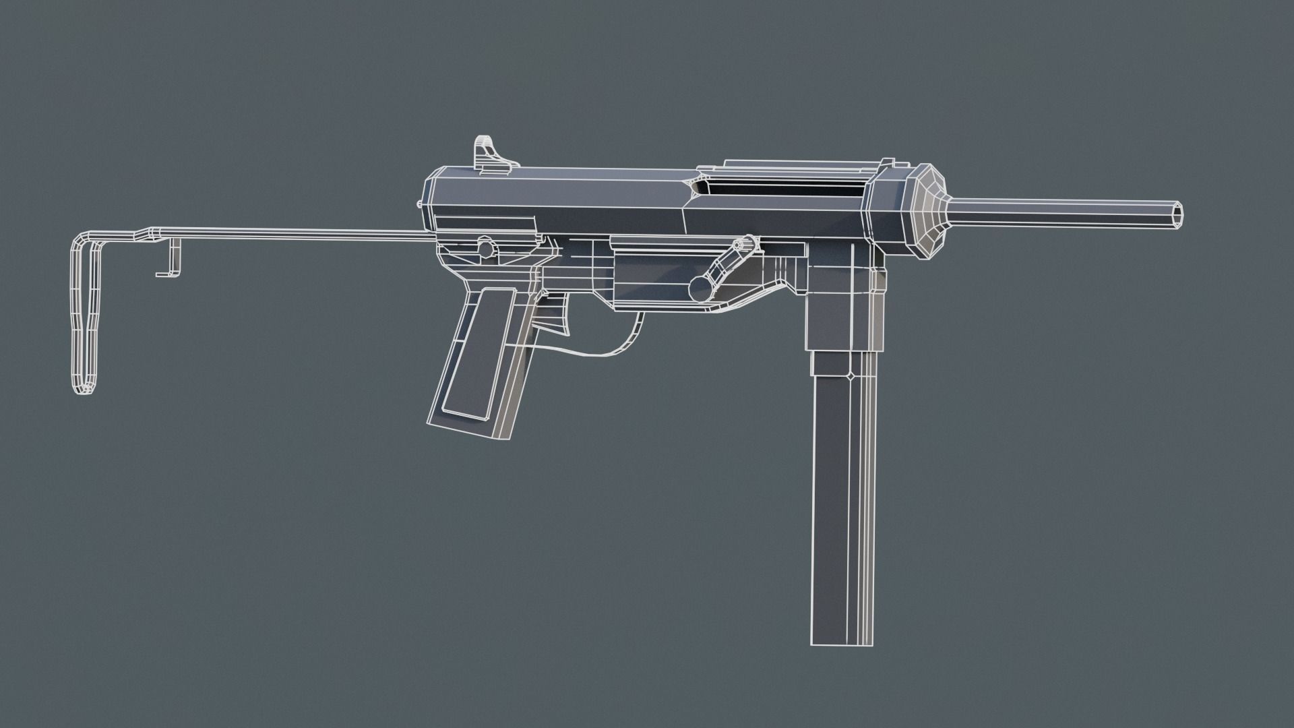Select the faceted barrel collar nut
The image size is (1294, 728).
[x=927, y=210]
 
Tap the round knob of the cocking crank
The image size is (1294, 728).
[x=701, y=289]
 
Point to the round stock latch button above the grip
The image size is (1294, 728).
[x=485, y=247]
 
